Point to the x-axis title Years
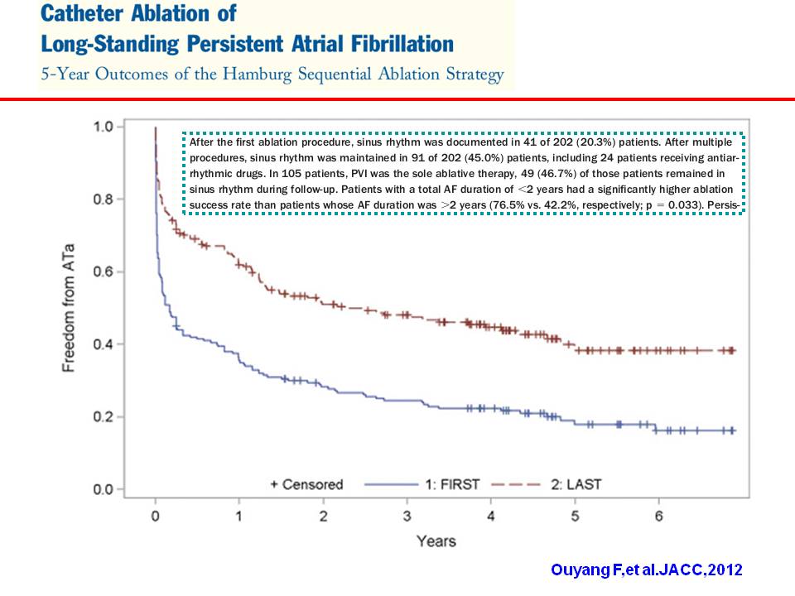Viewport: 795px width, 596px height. point(436,541)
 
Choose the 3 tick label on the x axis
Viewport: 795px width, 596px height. point(407,517)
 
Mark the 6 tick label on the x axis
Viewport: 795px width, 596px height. point(658,517)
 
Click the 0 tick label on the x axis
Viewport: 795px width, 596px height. point(155,517)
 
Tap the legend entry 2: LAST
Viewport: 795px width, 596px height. point(571,484)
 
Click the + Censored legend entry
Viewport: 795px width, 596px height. point(306,484)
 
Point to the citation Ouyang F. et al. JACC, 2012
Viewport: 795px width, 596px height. point(648,570)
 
